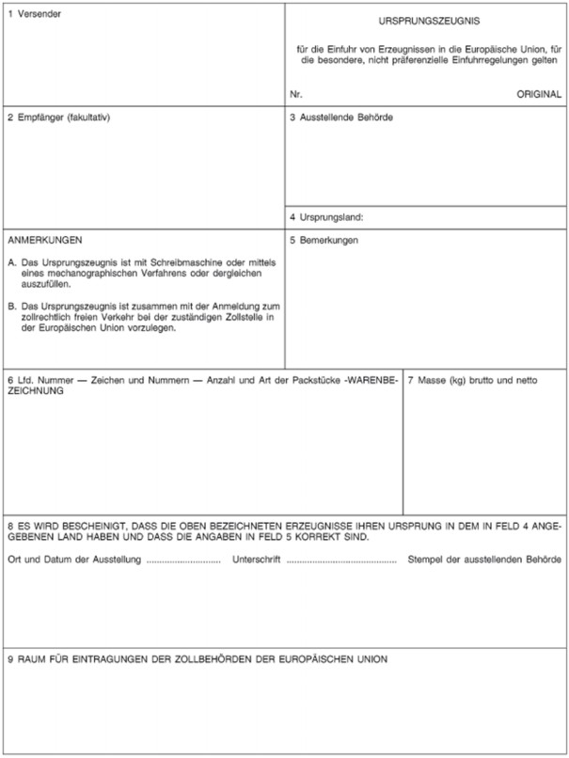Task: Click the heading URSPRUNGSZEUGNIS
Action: [x=427, y=20]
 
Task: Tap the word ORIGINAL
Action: [x=539, y=95]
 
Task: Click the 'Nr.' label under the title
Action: [x=297, y=95]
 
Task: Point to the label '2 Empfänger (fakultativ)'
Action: [x=59, y=118]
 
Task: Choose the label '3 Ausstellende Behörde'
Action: [x=340, y=118]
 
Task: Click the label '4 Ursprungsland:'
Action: [x=326, y=217]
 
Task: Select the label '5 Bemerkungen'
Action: [x=324, y=240]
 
